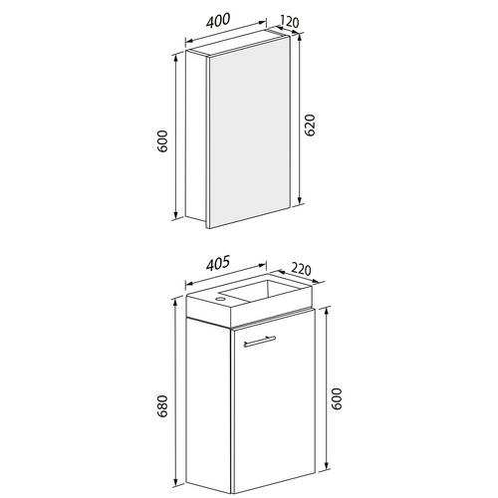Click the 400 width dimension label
[x=218, y=20]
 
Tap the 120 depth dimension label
[x=290, y=22]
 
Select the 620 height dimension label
[x=310, y=125]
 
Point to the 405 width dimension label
[x=218, y=264]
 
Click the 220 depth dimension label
[x=301, y=269]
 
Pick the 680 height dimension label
[x=162, y=406]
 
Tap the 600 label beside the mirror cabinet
[x=162, y=141]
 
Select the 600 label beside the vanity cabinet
[x=337, y=398]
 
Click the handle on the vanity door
[x=259, y=342]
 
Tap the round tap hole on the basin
[x=220, y=300]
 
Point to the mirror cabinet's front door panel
[x=249, y=132]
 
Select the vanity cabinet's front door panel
[x=274, y=400]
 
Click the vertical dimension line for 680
[x=175, y=392]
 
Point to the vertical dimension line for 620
[x=300, y=119]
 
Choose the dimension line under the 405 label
[x=226, y=275]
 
